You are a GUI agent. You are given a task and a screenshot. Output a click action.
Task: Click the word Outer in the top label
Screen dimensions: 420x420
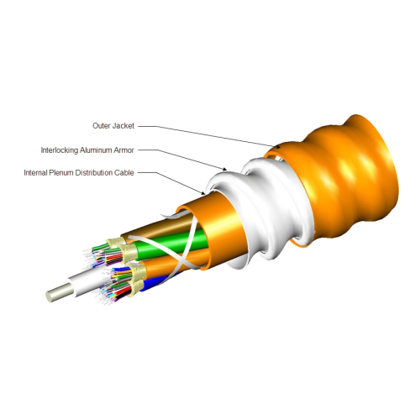point(102,126)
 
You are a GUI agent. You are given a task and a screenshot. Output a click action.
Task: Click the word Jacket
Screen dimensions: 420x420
point(123,126)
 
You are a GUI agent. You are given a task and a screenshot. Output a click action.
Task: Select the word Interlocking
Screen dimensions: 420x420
point(60,150)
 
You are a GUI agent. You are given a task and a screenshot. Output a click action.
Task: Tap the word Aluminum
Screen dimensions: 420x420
point(96,150)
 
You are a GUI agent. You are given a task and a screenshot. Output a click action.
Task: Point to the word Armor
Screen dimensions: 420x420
point(123,150)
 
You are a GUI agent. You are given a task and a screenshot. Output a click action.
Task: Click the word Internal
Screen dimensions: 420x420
point(35,173)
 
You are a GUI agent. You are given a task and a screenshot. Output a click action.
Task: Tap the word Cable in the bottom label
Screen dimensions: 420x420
point(123,173)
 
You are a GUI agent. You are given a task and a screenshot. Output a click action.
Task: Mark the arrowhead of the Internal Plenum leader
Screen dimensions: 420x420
point(203,192)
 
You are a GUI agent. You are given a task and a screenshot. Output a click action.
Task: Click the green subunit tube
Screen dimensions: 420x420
point(171,243)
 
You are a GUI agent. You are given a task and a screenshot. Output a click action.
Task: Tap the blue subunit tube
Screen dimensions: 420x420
point(157,283)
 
